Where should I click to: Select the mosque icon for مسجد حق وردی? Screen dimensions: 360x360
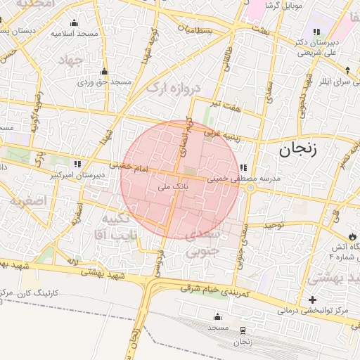[x=105, y=71]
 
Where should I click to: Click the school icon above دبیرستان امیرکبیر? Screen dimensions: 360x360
[x=77, y=163]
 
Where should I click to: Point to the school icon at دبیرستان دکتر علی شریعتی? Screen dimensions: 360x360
[x=316, y=32]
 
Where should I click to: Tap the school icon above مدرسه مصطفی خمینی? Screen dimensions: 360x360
[x=243, y=167]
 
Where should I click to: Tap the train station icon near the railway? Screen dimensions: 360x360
[x=243, y=330]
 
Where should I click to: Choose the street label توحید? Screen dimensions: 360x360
[x=274, y=225]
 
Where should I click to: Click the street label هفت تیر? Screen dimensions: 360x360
[x=228, y=105]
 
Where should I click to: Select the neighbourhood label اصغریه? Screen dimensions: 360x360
[x=27, y=201]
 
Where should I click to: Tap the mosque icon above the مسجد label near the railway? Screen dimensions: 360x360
[x=217, y=316]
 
